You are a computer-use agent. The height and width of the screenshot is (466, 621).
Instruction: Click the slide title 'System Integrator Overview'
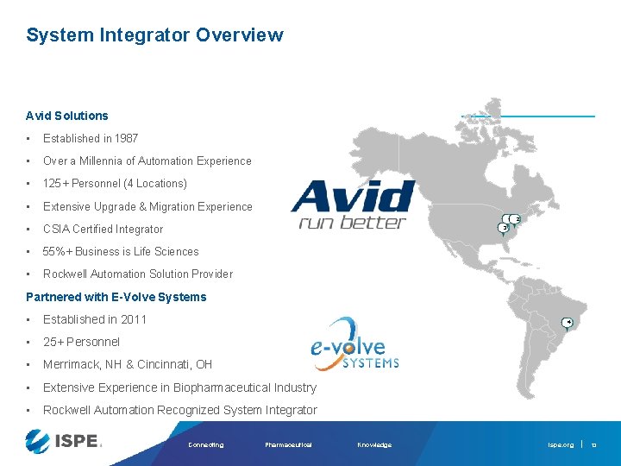154,35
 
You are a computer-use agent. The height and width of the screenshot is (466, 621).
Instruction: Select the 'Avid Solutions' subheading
67,116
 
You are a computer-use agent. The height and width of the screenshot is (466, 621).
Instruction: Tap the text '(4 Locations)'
155,183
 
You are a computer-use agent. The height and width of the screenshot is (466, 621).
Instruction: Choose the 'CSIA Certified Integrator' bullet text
103,229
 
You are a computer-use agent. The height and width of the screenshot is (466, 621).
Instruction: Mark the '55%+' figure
57,251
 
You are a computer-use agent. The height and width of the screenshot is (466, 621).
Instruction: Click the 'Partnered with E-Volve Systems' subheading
116,297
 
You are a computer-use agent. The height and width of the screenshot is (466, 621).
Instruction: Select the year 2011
134,319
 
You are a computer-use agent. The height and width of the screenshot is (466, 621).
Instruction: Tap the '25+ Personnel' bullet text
81,342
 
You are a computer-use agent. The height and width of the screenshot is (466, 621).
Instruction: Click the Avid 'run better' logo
352,205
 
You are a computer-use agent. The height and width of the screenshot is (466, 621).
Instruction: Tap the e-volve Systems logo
354,343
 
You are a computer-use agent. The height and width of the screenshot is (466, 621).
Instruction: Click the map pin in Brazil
567,324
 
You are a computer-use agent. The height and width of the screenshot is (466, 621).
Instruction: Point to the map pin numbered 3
503,228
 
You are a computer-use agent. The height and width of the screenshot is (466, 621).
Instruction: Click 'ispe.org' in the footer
561,445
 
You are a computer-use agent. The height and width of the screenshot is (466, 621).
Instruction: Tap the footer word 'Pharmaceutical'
288,445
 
